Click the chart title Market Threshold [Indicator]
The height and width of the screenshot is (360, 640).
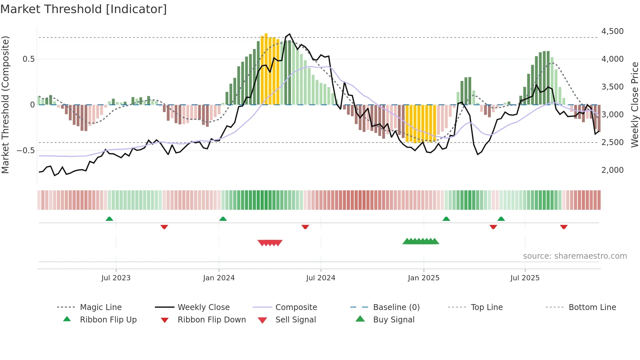click(x=84, y=9)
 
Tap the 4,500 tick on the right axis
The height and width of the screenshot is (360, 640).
click(x=612, y=31)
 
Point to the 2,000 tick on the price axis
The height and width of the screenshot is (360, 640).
click(x=612, y=170)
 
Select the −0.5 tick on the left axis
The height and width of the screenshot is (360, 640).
click(x=26, y=151)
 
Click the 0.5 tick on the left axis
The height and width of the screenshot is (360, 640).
click(x=28, y=59)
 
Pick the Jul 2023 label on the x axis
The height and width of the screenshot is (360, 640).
click(x=116, y=278)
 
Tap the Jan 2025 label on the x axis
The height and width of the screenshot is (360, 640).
click(x=424, y=278)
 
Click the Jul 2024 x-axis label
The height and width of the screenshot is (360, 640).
click(x=321, y=278)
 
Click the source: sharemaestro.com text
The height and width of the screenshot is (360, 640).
click(x=575, y=256)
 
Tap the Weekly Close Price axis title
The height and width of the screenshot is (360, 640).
click(x=634, y=105)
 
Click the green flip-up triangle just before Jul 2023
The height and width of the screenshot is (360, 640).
click(x=109, y=219)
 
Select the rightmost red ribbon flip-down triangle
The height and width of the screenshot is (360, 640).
click(x=564, y=227)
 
